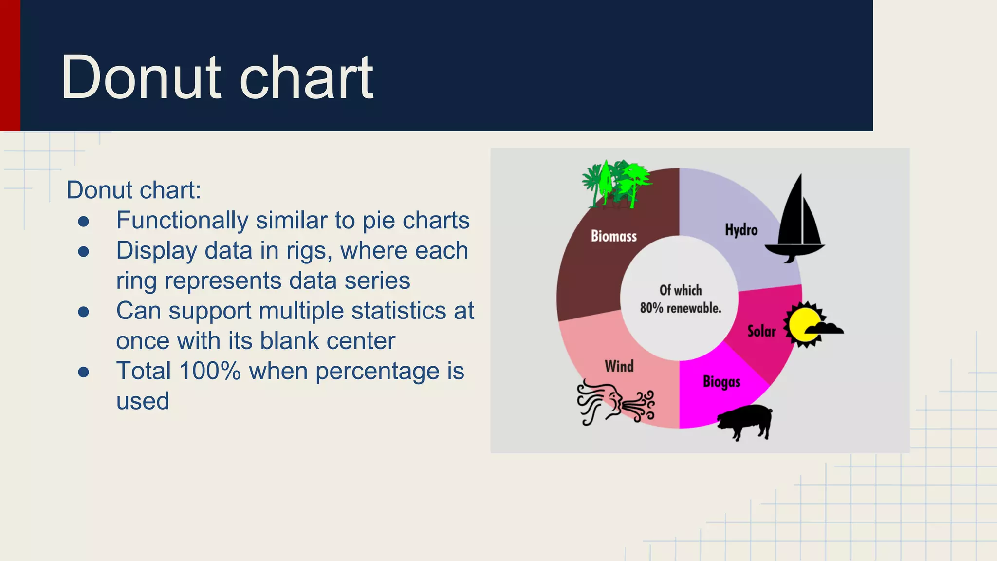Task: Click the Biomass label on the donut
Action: pyautogui.click(x=613, y=236)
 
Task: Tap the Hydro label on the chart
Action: pyautogui.click(x=741, y=230)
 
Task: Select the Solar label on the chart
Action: pyautogui.click(x=761, y=332)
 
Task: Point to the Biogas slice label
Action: pyautogui.click(x=721, y=382)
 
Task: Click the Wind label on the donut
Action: pyautogui.click(x=619, y=366)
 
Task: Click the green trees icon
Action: pyautogui.click(x=616, y=184)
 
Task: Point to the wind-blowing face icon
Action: pyautogui.click(x=614, y=403)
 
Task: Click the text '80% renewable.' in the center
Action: pyautogui.click(x=681, y=308)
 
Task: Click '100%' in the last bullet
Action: pyautogui.click(x=210, y=371)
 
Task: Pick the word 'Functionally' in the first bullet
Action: pyautogui.click(x=182, y=221)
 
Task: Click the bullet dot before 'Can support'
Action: pyautogui.click(x=84, y=312)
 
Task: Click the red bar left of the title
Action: pyautogui.click(x=10, y=65)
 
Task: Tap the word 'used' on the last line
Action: pyautogui.click(x=143, y=401)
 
